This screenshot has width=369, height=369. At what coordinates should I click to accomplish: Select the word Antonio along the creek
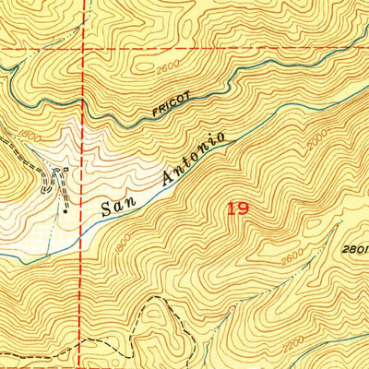[192, 154]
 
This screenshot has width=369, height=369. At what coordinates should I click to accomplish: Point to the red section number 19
[236, 209]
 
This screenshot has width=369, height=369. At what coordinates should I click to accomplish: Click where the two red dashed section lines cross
[82, 46]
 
